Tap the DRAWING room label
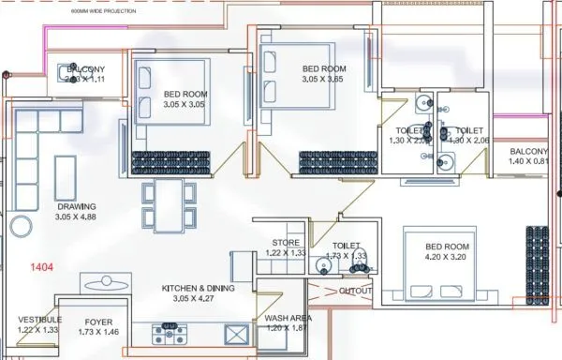click(77, 207)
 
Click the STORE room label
click(286, 243)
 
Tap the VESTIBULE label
click(39, 320)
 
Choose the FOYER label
click(99, 321)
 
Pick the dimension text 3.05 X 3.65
click(324, 81)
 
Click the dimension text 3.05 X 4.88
click(77, 218)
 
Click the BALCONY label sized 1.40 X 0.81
click(529, 152)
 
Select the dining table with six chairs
click(170, 204)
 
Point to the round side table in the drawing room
click(20, 226)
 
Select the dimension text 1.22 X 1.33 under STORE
click(286, 253)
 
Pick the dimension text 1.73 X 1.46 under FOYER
click(99, 332)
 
